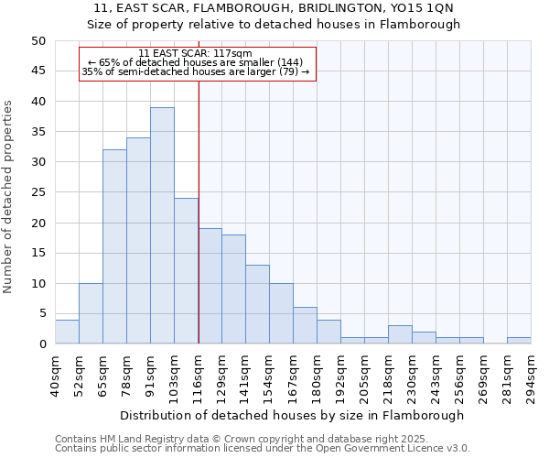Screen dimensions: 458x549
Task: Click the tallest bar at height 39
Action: point(162,225)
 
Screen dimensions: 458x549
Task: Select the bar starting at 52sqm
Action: point(91,313)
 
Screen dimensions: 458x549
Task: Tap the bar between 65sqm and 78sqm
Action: point(114,246)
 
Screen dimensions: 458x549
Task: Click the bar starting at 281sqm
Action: point(519,341)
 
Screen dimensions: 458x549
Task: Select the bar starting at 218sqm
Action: point(400,334)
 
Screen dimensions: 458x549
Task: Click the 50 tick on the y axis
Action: point(38,41)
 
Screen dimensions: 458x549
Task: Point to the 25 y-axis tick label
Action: point(38,192)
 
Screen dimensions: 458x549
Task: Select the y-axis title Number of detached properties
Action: point(9,196)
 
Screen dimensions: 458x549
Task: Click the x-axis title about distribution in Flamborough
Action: point(292,415)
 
